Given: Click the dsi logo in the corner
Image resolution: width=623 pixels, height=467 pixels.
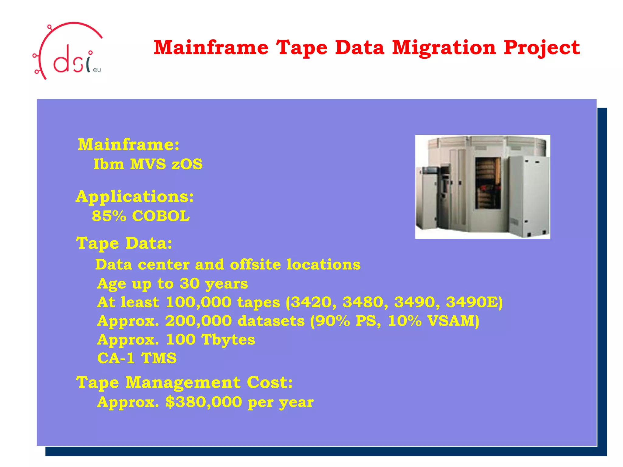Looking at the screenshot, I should click(x=68, y=52).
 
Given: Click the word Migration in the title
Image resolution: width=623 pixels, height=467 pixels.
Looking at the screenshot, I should click(x=444, y=48).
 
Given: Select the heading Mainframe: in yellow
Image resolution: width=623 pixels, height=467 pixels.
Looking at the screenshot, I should click(x=129, y=144).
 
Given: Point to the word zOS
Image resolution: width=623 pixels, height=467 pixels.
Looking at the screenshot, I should click(x=187, y=164).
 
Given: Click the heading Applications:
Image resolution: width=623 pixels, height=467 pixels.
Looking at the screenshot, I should click(x=135, y=196).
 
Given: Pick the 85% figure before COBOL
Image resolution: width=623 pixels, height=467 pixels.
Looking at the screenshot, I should click(x=109, y=216).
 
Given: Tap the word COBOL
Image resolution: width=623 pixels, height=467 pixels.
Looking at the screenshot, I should click(x=161, y=216).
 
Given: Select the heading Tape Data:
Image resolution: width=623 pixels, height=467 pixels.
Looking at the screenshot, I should click(x=124, y=243).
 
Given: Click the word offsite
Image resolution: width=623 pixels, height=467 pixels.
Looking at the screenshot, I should click(x=256, y=265).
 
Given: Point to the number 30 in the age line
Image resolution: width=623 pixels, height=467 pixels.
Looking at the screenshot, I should click(x=190, y=283).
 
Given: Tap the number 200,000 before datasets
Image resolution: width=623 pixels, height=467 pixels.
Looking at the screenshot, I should click(x=198, y=321).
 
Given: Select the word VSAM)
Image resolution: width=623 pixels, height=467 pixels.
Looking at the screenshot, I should click(x=453, y=321).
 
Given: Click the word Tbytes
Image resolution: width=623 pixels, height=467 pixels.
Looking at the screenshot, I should click(x=228, y=340).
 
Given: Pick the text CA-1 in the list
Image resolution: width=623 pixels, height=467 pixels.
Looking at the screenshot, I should click(x=116, y=358).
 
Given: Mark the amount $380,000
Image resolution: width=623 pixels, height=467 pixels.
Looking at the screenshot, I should click(x=204, y=402).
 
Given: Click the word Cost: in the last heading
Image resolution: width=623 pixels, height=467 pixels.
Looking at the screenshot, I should click(x=270, y=382).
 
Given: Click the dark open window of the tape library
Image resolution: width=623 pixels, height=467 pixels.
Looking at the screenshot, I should click(x=488, y=183).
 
